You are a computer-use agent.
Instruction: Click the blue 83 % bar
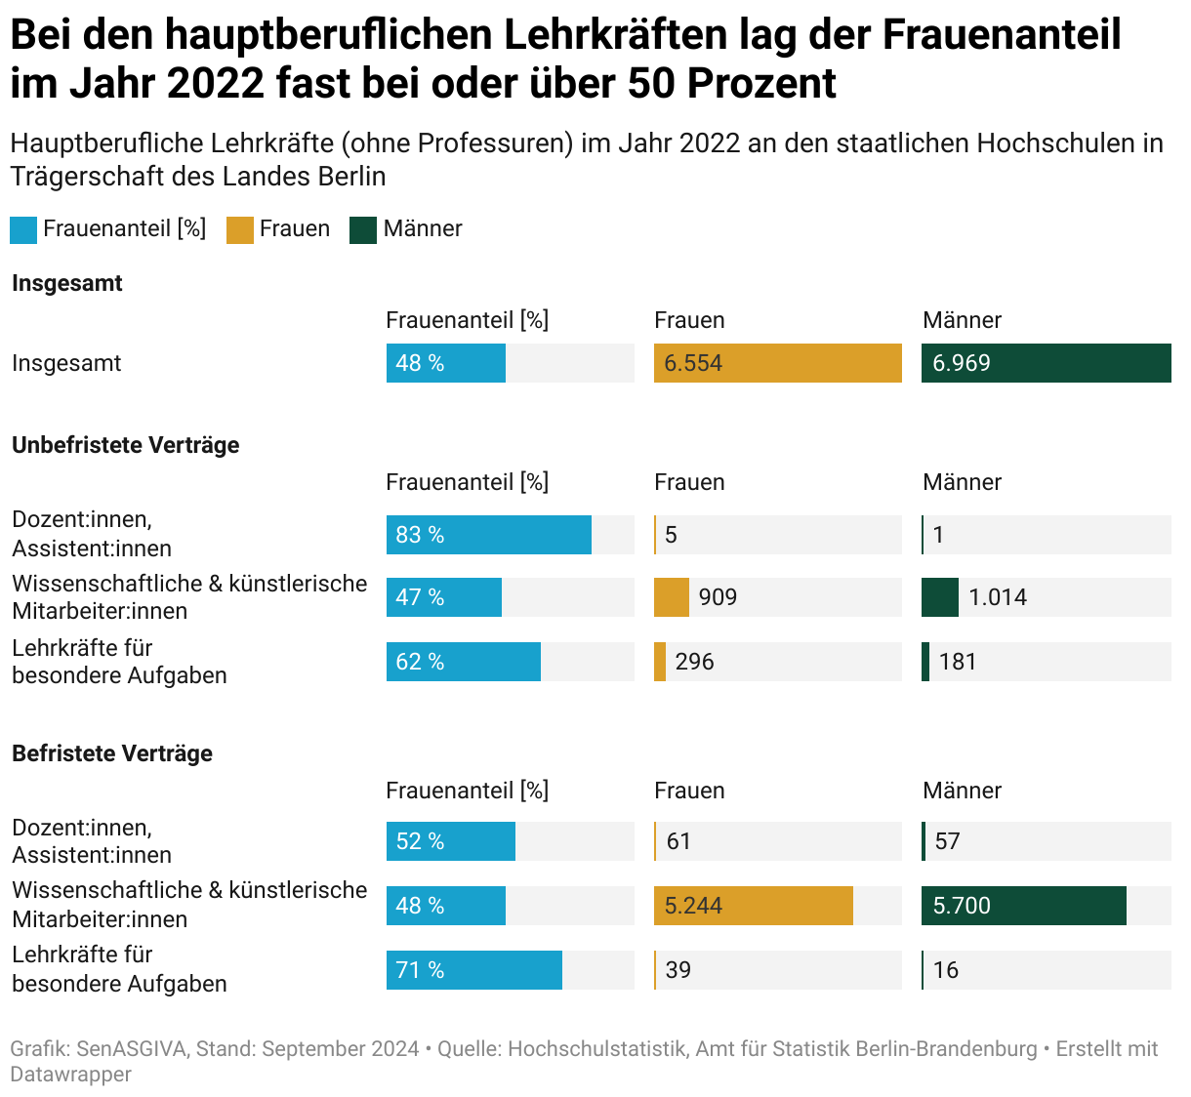[x=488, y=535]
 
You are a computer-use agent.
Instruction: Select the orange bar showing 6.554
[x=777, y=363]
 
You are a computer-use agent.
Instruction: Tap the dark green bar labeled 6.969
[x=1046, y=363]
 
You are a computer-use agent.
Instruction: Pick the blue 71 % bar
[x=473, y=970]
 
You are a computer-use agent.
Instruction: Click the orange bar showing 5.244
[x=753, y=906]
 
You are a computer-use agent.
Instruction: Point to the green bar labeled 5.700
[x=1023, y=906]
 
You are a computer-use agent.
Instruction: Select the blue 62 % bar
[x=463, y=662]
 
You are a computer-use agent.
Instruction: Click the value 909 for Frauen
[x=718, y=597]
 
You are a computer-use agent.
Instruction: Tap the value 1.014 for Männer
[x=997, y=597]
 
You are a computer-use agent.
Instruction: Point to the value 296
[x=694, y=662]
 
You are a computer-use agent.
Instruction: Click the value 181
[x=957, y=662]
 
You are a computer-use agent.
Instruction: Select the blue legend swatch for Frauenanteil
[x=23, y=230]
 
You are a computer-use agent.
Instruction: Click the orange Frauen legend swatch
[x=239, y=230]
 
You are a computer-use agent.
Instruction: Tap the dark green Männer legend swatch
[x=363, y=230]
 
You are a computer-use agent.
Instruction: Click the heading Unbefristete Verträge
[x=125, y=445]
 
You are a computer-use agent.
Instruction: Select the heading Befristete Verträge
[x=111, y=753]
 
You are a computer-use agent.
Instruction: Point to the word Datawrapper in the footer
[x=70, y=1074]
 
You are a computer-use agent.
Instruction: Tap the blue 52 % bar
[x=450, y=841]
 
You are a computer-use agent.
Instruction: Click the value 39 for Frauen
[x=678, y=970]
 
